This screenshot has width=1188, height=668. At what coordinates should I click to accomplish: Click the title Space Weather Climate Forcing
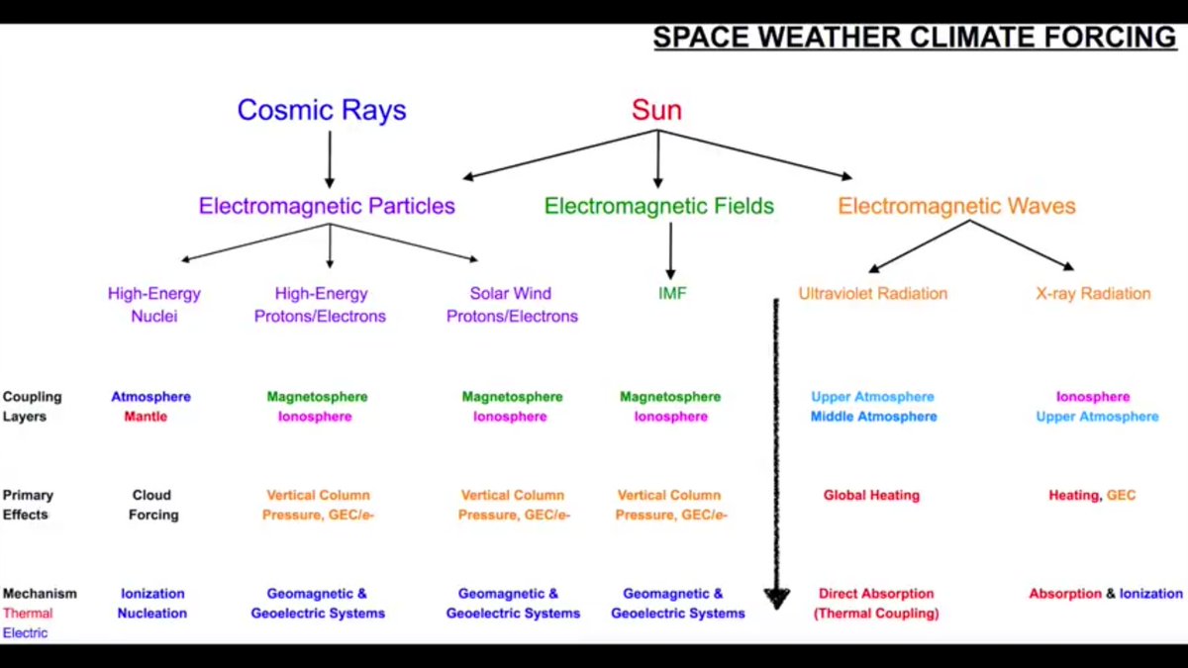pos(914,38)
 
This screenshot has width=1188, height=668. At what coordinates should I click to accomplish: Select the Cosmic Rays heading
pos(322,110)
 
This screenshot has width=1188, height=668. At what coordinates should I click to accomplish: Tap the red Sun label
pos(657,110)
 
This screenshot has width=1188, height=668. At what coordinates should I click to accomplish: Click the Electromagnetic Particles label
pos(327,207)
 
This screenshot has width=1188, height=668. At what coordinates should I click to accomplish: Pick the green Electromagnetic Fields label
pos(659,207)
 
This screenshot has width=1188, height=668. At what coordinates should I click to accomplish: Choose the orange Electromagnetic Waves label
pos(956,207)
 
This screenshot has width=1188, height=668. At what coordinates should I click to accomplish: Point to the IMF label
pos(671,294)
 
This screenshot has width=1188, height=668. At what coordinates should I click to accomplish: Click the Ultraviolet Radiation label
pos(873,294)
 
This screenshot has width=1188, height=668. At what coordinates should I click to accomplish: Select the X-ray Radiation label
pos(1093,294)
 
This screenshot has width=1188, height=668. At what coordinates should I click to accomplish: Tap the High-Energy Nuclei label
pos(154,305)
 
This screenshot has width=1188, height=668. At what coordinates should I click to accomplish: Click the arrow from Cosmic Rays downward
pos(330,158)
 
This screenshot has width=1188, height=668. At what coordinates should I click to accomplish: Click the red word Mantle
pos(146,417)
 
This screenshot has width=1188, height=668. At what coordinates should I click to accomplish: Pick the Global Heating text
pos(871,495)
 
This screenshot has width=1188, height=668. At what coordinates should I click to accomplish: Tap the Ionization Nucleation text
pos(151,604)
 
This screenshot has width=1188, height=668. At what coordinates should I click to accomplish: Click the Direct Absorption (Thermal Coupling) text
pos(875,604)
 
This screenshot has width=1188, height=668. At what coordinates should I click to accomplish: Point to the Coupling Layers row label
pos(32,407)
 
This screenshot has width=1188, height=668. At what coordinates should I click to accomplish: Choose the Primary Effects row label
pos(28,505)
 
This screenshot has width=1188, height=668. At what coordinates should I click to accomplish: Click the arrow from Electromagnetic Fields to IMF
pos(670,251)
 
